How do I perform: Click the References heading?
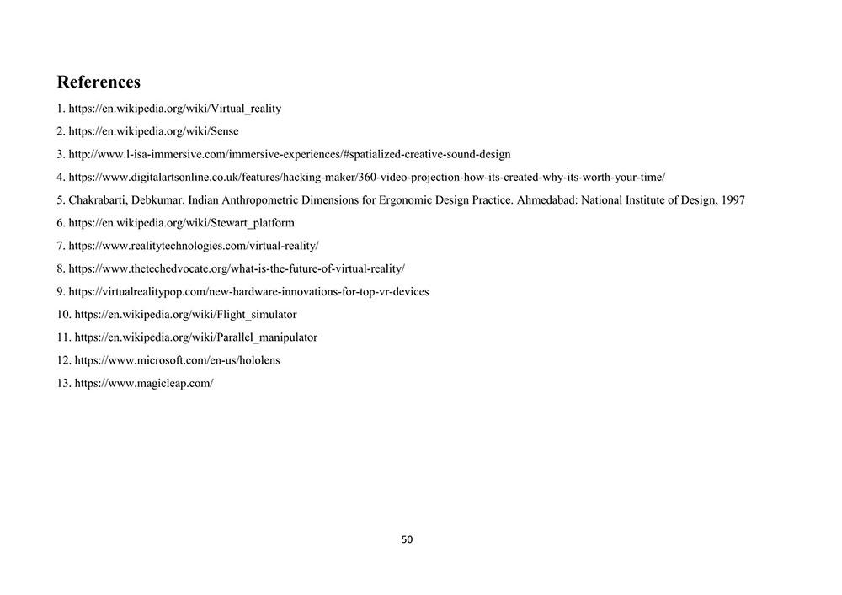[x=99, y=82]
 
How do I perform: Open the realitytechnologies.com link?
[x=193, y=246]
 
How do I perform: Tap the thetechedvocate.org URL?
[x=236, y=268]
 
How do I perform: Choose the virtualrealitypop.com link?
[x=248, y=292]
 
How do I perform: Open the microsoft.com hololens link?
[x=177, y=360]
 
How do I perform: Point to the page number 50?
[x=408, y=539]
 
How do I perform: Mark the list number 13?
[x=63, y=383]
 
